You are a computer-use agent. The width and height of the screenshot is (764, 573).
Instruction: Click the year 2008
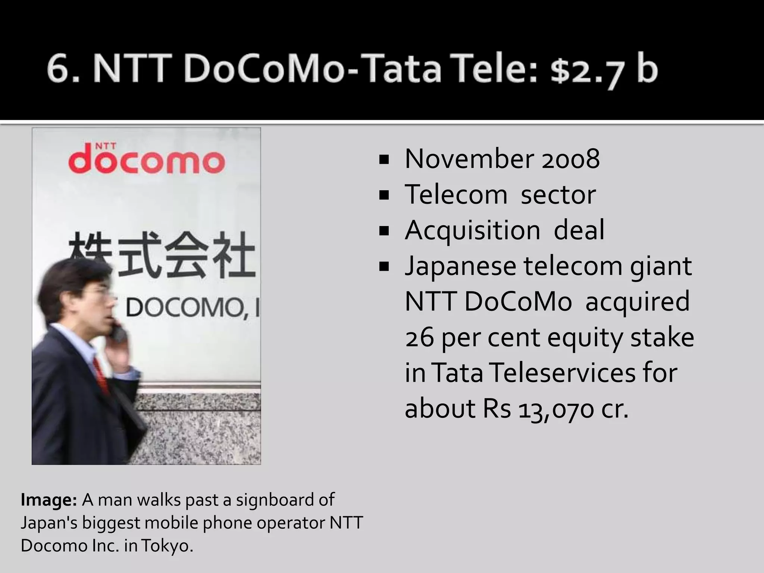570,159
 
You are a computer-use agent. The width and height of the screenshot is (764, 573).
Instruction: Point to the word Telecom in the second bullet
456,195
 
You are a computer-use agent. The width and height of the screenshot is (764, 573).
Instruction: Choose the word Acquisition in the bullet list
472,231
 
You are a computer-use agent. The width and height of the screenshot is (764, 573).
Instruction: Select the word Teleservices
563,373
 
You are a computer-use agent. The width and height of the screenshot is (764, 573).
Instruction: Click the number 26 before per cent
419,338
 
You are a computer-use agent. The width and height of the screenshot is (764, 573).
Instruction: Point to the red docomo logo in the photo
147,161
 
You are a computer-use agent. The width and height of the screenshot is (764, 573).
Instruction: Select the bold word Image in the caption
48,500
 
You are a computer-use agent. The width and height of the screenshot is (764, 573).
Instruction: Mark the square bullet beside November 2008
383,160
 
